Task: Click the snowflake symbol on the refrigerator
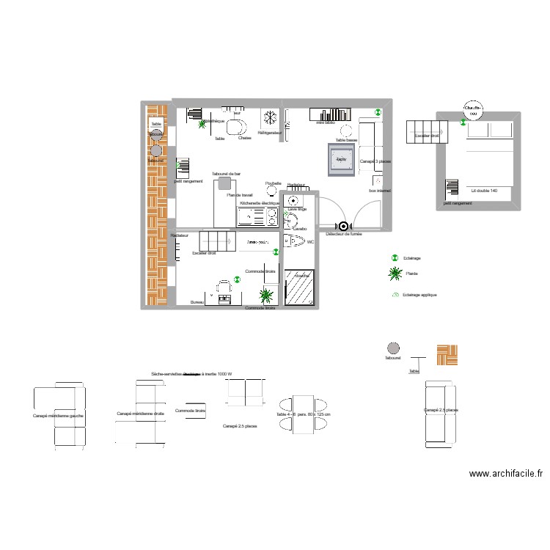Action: tap(270, 118)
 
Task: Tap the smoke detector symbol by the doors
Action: tap(341, 227)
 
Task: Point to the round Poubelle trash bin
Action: tap(274, 191)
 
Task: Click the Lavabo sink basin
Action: tap(290, 221)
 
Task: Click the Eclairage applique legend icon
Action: tap(395, 295)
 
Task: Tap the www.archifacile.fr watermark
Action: tap(506, 474)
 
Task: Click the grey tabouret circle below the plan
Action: tap(393, 348)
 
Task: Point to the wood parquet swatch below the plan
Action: tap(447, 355)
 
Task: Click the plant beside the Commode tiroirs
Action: tap(266, 296)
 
